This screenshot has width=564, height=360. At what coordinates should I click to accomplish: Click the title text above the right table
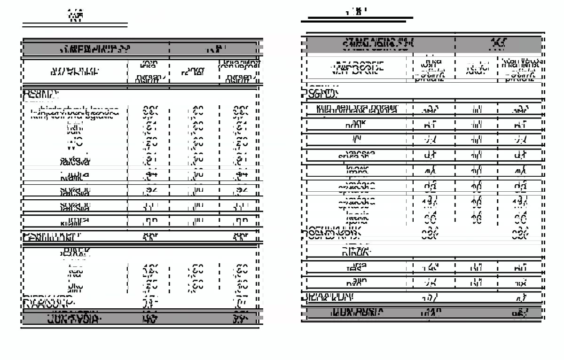point(356,11)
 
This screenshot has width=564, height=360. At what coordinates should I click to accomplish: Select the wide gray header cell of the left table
point(95,49)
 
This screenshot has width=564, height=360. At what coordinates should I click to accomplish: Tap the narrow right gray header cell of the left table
point(216,49)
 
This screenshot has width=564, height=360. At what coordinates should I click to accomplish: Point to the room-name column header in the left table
point(75,72)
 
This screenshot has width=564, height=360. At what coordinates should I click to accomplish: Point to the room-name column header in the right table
point(357,68)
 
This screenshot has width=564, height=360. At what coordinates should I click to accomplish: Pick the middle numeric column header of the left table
point(194,72)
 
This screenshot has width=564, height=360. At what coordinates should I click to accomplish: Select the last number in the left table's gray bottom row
point(241,319)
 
